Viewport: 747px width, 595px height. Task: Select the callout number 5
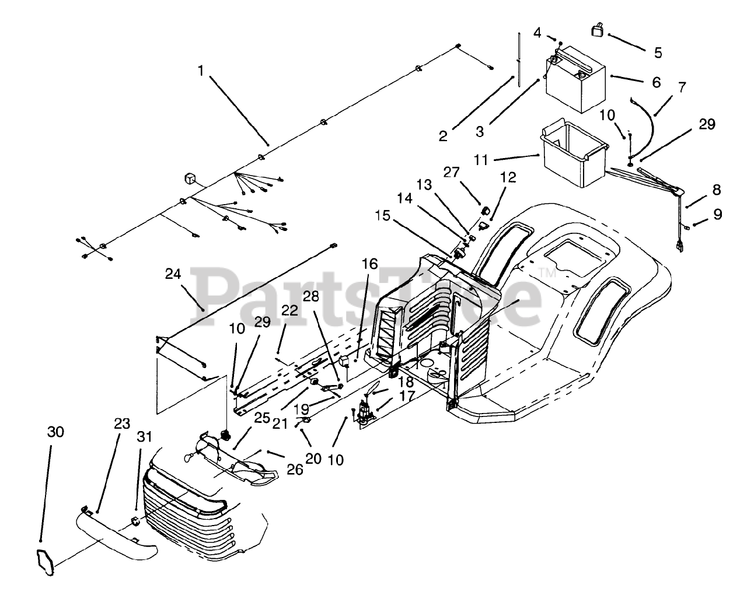(658, 52)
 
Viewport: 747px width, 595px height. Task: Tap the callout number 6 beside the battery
(657, 82)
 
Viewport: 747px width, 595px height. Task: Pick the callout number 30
(55, 432)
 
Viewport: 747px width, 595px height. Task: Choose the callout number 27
(451, 172)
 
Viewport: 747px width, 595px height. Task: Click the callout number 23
(122, 424)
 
